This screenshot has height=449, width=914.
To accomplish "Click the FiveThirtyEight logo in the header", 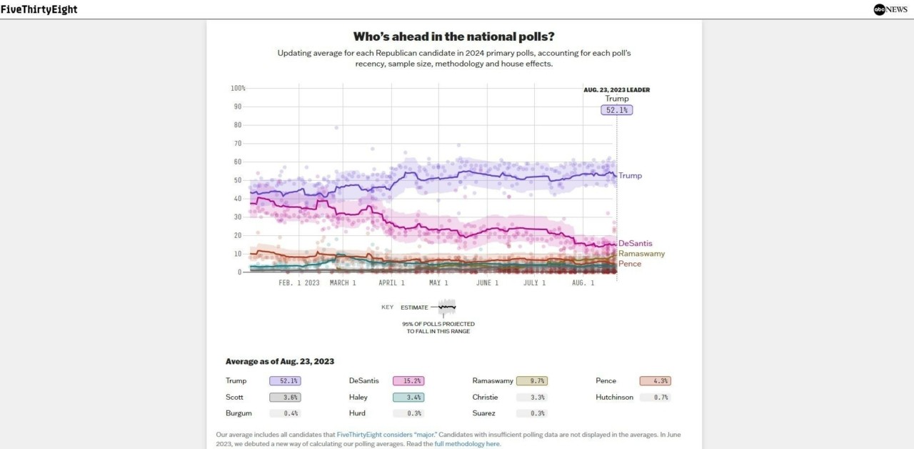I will pyautogui.click(x=39, y=9).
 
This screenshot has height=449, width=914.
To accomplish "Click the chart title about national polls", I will pyautogui.click(x=453, y=36).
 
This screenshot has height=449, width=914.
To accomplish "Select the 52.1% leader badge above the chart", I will pyautogui.click(x=617, y=110).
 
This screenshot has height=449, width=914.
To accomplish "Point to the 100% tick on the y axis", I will pyautogui.click(x=238, y=88).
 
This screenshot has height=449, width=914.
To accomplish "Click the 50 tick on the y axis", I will pyautogui.click(x=238, y=180).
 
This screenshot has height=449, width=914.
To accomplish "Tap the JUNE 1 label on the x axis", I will pyautogui.click(x=487, y=283).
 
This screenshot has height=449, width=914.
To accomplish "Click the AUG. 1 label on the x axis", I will pyautogui.click(x=583, y=283).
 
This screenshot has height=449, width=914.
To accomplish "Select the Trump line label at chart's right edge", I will pyautogui.click(x=630, y=176).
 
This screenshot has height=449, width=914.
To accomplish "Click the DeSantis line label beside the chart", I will pyautogui.click(x=635, y=244).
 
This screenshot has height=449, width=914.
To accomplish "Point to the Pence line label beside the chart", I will pyautogui.click(x=630, y=264).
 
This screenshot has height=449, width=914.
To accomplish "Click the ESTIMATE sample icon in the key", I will pyautogui.click(x=447, y=307).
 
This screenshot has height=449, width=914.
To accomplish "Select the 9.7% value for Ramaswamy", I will pyautogui.click(x=532, y=381).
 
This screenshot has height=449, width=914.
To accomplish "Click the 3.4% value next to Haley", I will pyautogui.click(x=407, y=398).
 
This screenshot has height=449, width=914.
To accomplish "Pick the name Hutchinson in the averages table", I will pyautogui.click(x=614, y=398).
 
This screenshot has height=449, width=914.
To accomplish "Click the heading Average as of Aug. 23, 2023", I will pyautogui.click(x=280, y=362).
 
